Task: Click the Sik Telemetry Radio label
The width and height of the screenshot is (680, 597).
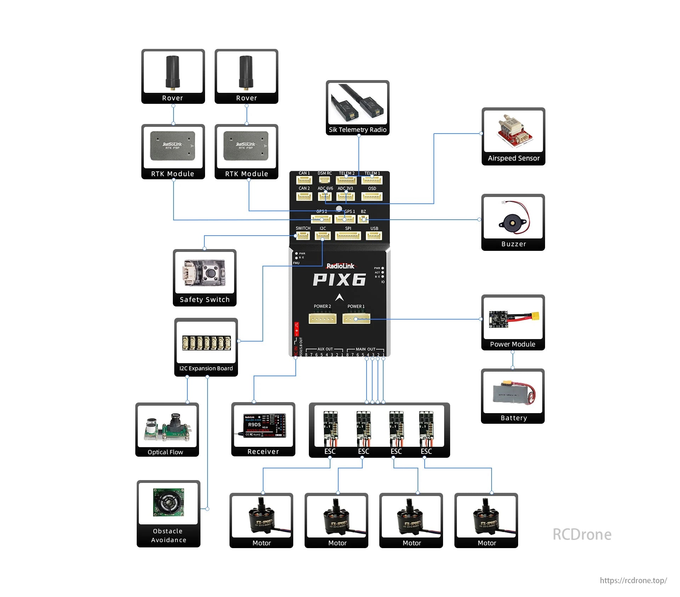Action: [x=357, y=130]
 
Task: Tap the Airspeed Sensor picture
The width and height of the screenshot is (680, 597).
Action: [x=513, y=131]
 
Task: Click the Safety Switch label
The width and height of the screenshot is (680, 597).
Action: [x=204, y=300]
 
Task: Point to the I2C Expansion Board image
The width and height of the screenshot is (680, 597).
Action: [x=206, y=343]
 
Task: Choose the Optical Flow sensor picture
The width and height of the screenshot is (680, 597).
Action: [x=167, y=427]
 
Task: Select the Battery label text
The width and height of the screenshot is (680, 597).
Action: [x=514, y=418]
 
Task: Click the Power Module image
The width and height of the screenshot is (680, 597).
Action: [x=513, y=319]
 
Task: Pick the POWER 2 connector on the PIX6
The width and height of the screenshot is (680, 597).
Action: [x=322, y=319]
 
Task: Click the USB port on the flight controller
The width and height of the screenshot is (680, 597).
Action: [x=374, y=236]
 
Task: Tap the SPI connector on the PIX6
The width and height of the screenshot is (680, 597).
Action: [x=348, y=236]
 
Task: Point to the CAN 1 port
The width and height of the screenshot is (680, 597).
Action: [x=304, y=180]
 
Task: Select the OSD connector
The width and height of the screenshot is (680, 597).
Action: [x=372, y=196]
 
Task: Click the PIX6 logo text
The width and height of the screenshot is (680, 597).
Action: [x=339, y=280]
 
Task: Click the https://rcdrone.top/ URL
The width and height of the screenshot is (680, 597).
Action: [x=633, y=580]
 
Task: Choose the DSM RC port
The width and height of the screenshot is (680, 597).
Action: [x=324, y=180]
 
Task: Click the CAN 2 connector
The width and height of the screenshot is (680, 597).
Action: [x=304, y=196]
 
